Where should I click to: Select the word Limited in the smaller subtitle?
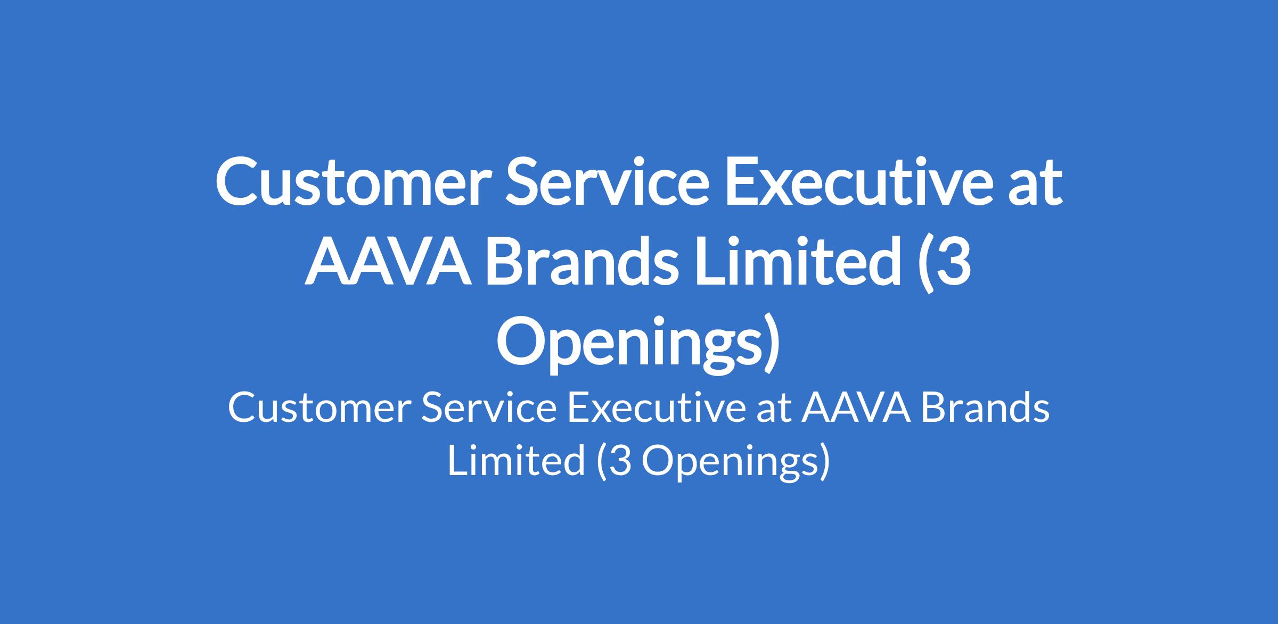click(516, 461)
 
